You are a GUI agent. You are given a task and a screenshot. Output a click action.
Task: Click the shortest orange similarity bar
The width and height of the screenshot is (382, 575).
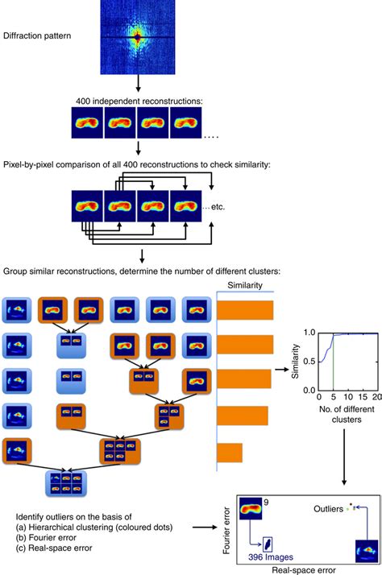[x=230, y=453]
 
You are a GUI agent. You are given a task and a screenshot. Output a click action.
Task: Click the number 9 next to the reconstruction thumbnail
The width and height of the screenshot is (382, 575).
[x=265, y=504]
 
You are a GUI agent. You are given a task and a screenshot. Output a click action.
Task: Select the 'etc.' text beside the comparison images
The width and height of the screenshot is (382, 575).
[x=211, y=206]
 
